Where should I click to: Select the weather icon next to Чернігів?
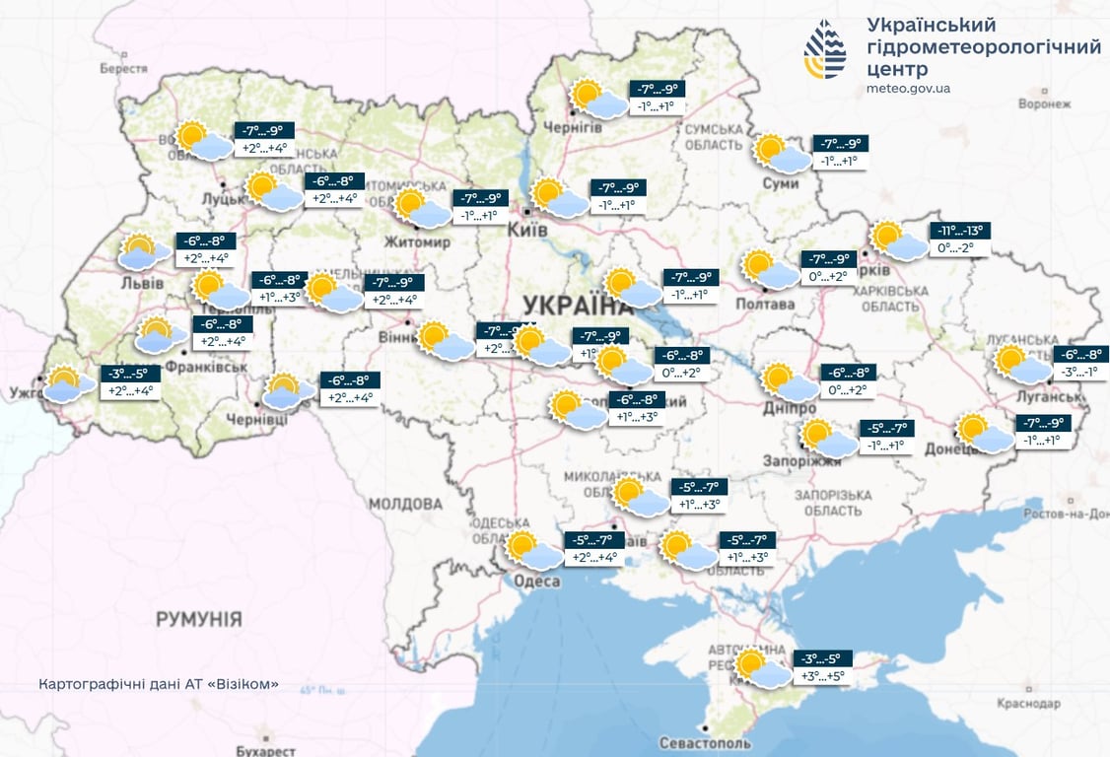click(598, 99)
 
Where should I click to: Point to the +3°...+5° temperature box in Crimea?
click(823, 676)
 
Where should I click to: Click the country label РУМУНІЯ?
click(198, 619)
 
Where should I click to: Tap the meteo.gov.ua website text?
click(908, 89)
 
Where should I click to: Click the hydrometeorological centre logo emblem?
click(825, 49)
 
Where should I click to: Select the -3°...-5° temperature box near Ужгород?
click(127, 374)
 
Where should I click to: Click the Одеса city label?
click(536, 582)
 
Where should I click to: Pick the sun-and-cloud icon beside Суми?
click(783, 154)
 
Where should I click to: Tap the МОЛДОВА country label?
click(405, 504)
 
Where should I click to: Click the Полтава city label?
click(764, 304)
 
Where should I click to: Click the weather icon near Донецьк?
click(985, 434)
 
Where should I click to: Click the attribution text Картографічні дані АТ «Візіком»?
click(158, 684)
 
